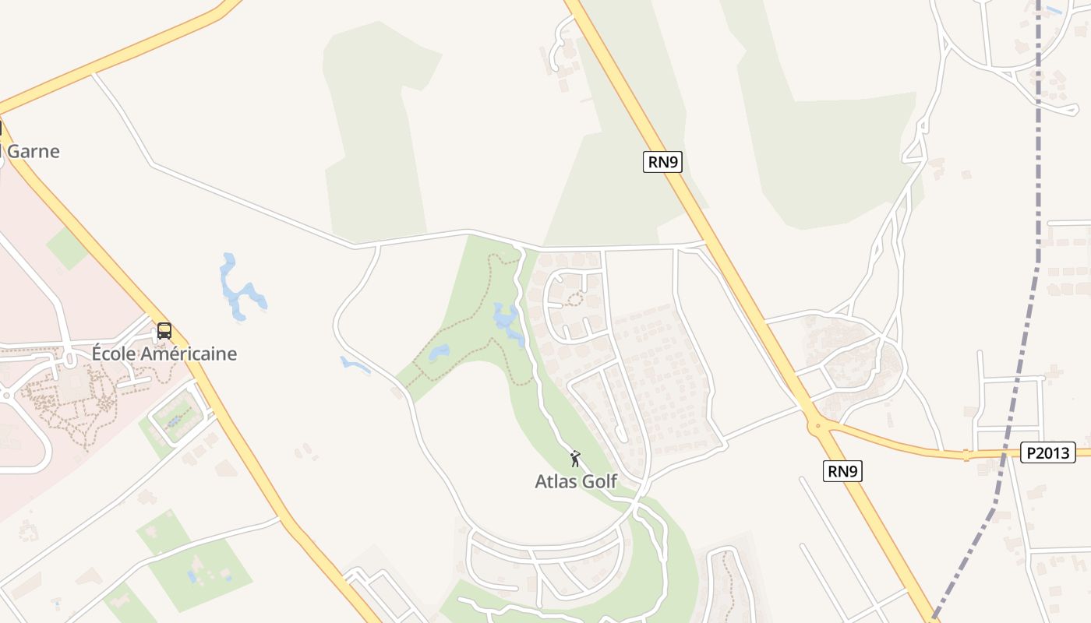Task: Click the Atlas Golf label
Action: tap(576, 482)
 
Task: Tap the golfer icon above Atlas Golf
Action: tap(575, 459)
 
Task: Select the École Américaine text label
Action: tap(164, 354)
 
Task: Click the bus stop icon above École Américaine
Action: tap(164, 331)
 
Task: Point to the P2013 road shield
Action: tap(1048, 452)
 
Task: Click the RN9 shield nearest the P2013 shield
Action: tap(843, 471)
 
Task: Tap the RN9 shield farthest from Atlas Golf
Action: tap(662, 162)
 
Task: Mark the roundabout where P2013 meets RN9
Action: tap(817, 425)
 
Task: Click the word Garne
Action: tap(32, 151)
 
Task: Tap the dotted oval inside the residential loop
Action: tap(575, 299)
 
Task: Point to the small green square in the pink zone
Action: tap(67, 248)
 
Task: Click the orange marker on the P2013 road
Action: tap(966, 455)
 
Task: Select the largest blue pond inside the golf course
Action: tap(507, 321)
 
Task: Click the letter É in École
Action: tap(98, 354)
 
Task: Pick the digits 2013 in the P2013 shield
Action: tap(1053, 452)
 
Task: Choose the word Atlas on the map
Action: tap(554, 482)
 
